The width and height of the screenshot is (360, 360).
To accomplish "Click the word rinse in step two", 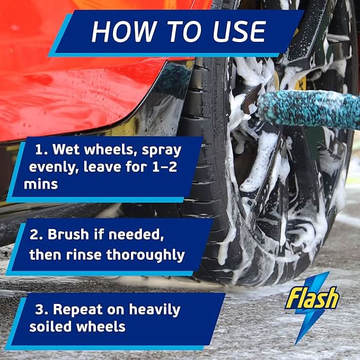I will tap(83, 254).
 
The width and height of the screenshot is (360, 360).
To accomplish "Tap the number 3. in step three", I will tap(42, 309).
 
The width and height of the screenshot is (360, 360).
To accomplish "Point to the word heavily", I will tap(153, 310).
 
